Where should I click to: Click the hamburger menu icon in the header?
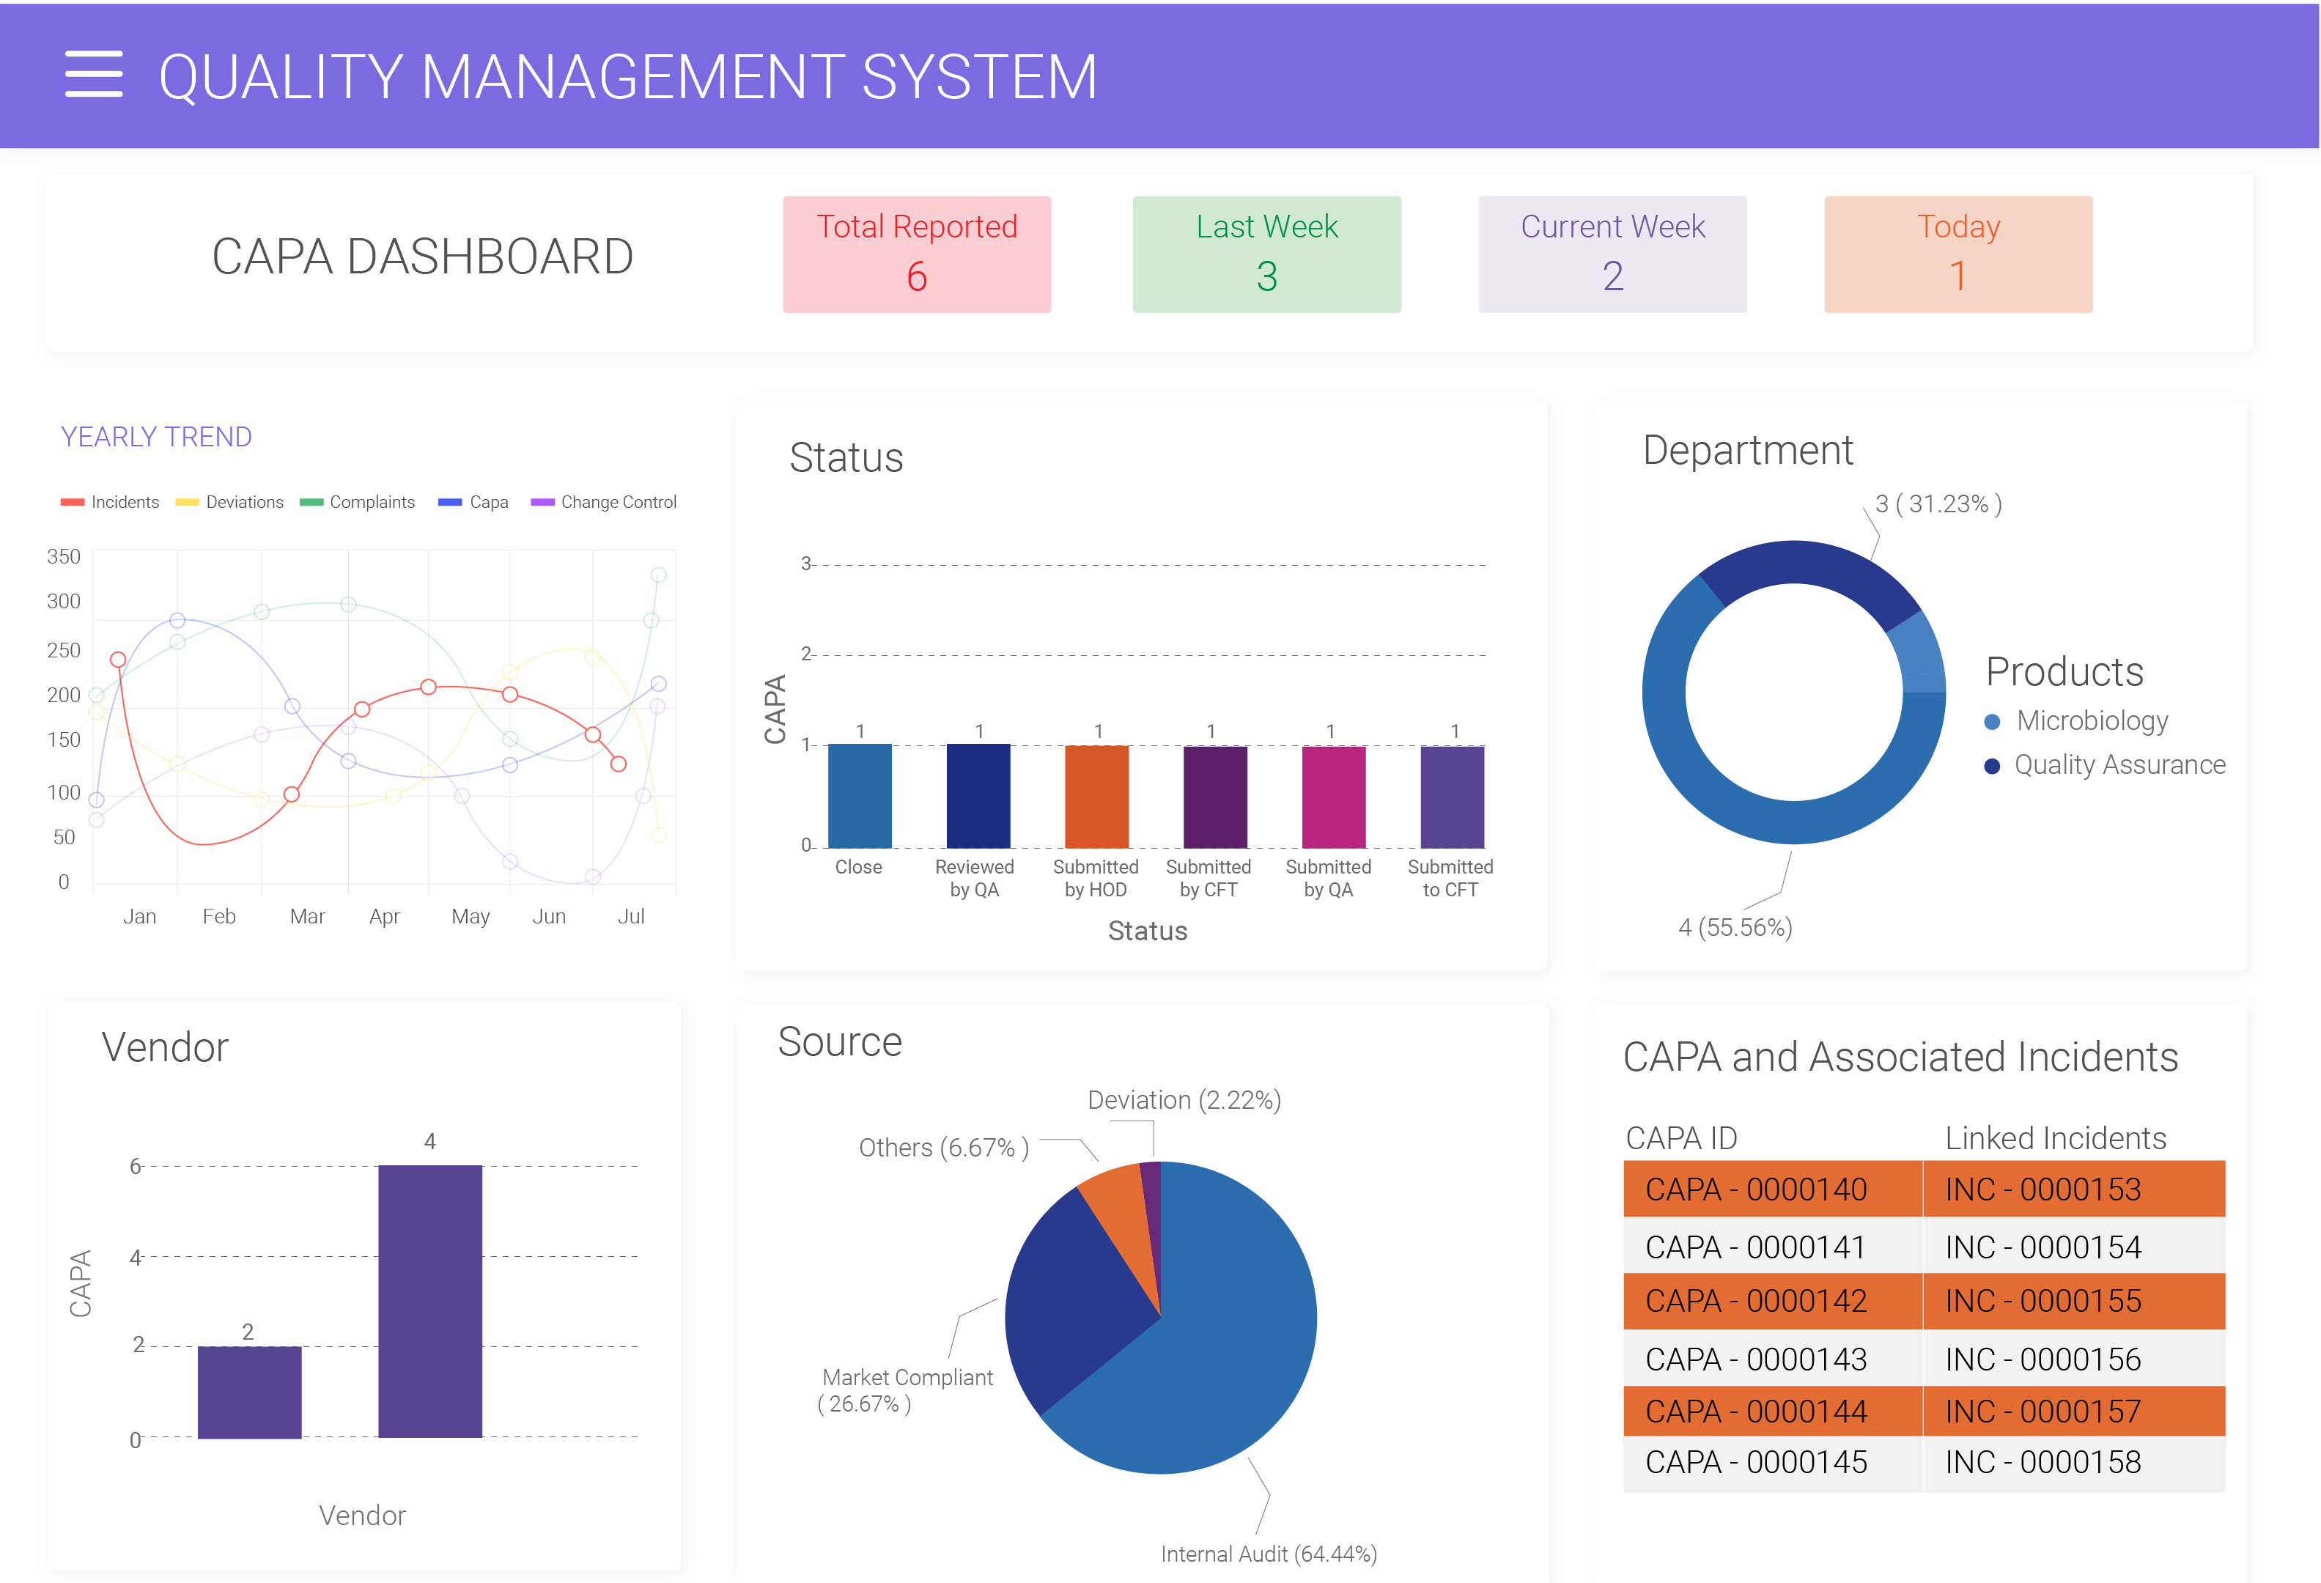[94, 74]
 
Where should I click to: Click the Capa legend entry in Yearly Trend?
[473, 502]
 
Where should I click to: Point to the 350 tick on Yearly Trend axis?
[63, 556]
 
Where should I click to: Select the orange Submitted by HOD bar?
[1096, 796]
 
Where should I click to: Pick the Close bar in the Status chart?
[859, 796]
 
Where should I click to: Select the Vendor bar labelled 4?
[429, 1300]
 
